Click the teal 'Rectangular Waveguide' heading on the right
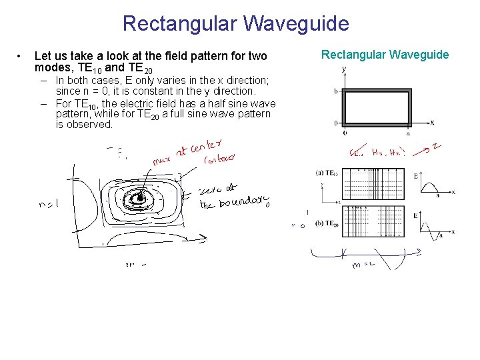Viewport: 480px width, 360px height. [385, 55]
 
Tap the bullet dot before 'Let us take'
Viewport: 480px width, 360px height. [21, 55]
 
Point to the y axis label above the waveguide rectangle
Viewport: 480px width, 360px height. [343, 69]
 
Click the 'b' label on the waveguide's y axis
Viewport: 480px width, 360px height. [336, 91]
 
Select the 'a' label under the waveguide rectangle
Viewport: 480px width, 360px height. [408, 133]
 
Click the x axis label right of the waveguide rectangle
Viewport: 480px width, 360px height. [432, 123]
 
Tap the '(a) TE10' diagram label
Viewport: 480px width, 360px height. [327, 173]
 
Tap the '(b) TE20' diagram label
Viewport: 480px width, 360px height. [327, 223]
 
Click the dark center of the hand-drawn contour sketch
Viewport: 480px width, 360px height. [139, 198]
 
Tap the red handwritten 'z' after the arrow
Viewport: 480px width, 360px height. [436, 146]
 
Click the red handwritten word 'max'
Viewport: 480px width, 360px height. [161, 161]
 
